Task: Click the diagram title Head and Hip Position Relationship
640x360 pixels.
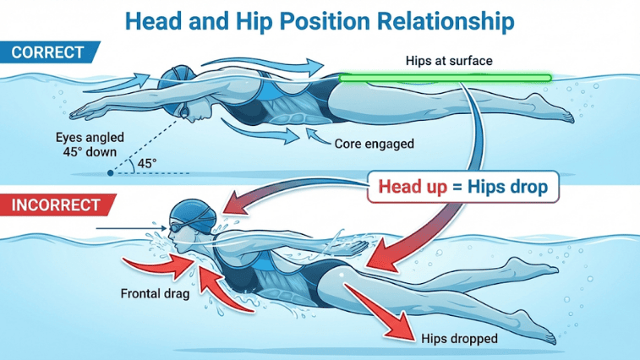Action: point(320,19)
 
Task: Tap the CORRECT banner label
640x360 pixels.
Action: point(47,53)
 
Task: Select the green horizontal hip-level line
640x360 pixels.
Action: point(445,79)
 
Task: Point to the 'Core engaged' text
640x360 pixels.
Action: point(375,144)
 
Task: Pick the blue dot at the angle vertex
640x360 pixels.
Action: point(111,173)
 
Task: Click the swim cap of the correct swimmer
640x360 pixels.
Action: point(180,78)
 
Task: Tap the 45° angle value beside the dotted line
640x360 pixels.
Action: point(147,161)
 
